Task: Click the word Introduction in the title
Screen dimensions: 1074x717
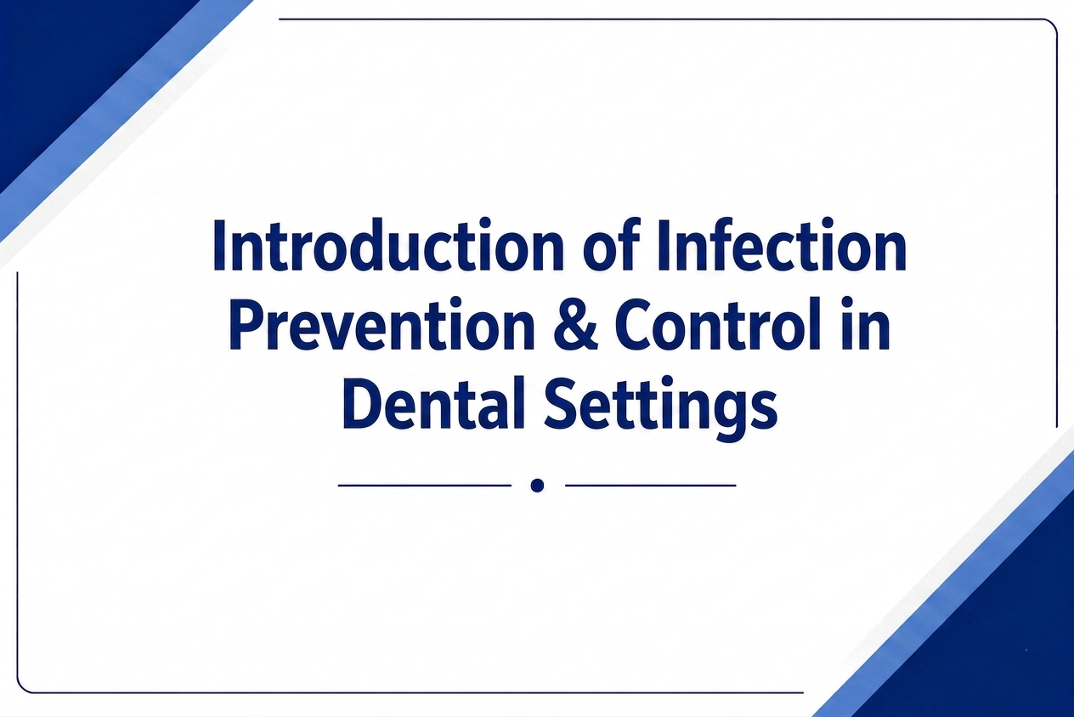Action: (388, 246)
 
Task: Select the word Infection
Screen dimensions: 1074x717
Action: (782, 246)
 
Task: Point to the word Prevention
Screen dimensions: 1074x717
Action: (382, 324)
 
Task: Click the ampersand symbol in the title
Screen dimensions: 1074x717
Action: (574, 324)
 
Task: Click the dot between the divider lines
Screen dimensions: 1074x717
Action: (538, 485)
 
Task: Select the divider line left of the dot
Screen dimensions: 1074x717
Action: (425, 485)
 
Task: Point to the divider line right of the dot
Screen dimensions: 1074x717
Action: (651, 485)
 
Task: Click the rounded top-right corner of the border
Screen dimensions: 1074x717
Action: (1054, 23)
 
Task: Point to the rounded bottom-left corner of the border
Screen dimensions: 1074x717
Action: (21, 688)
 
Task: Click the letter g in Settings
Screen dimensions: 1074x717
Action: (726, 415)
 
